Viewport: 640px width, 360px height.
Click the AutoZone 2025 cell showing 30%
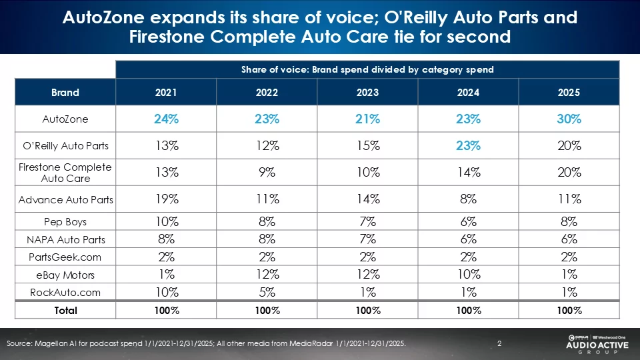click(x=569, y=119)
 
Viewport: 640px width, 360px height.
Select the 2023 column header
click(x=367, y=93)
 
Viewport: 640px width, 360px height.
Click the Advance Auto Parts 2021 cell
click(x=166, y=199)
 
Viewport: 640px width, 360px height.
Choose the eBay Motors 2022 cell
click(x=267, y=274)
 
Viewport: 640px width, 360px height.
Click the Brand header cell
click(x=65, y=93)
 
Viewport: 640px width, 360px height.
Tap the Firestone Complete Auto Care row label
click(x=65, y=172)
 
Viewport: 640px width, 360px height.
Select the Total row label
click(x=65, y=311)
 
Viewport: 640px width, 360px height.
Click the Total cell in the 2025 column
click(x=569, y=311)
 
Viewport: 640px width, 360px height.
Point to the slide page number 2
click(x=499, y=343)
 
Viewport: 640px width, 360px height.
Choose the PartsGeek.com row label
click(x=65, y=257)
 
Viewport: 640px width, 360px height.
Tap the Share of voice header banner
click(x=367, y=69)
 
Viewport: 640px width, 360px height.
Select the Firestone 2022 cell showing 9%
click(x=267, y=172)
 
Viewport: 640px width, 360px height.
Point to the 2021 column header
click(x=166, y=93)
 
